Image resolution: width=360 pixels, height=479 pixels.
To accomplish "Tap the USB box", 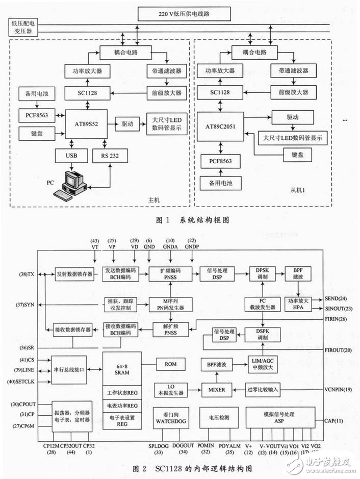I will pyautogui.click(x=70, y=156).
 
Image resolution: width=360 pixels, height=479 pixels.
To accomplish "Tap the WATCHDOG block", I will pyautogui.click(x=169, y=417).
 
